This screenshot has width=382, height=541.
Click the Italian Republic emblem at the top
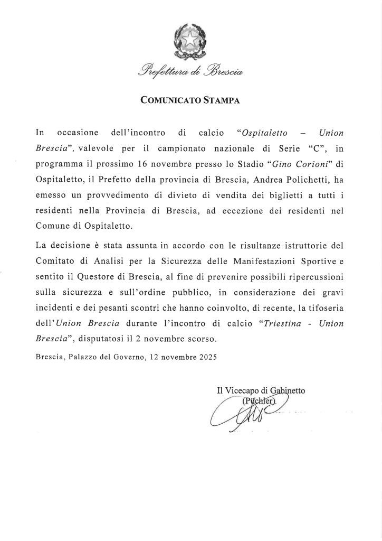[x=190, y=40]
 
